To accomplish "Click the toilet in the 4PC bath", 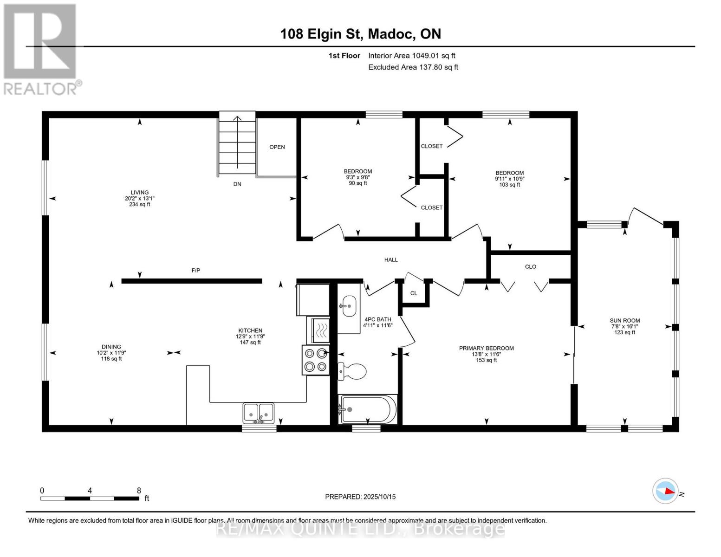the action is click(352, 371).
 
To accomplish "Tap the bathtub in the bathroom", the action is click(368, 409).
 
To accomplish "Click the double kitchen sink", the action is click(259, 413).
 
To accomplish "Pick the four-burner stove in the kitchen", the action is click(316, 360).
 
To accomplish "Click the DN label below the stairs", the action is click(237, 184).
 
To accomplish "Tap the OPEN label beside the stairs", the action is click(277, 147).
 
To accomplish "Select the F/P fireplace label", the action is click(196, 270).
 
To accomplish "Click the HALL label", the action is click(391, 260).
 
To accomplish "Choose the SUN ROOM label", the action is click(625, 320).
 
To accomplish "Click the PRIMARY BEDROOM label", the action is click(487, 348).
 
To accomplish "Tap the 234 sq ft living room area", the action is click(140, 204).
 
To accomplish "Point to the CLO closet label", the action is click(531, 266).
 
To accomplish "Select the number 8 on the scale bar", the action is click(139, 490).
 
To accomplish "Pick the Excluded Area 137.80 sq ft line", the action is click(413, 67).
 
